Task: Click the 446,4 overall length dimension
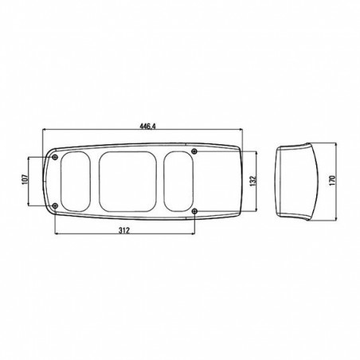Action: coord(147,127)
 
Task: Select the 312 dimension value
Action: coord(124,230)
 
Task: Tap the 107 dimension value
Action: coord(24,179)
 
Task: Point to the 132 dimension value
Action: coord(252,181)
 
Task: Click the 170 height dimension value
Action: coord(332,181)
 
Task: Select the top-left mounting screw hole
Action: coord(55,157)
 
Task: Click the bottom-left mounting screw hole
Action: coord(55,205)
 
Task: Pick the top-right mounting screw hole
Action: coord(195,151)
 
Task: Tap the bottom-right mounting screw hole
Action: coord(195,211)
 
